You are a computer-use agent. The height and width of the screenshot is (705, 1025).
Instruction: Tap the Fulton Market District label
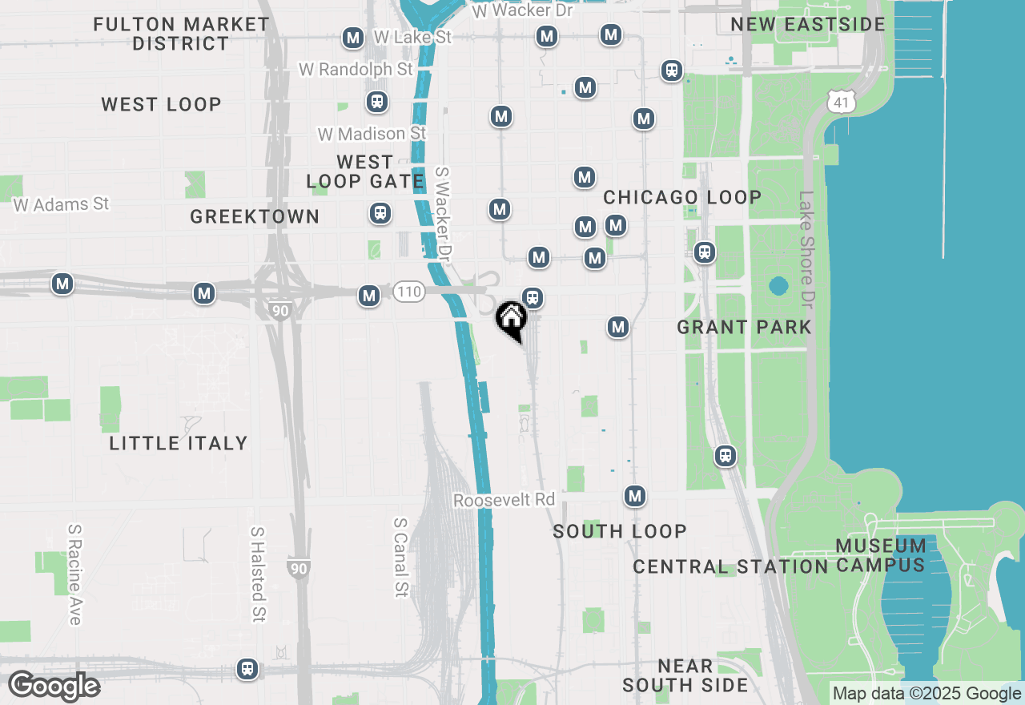coord(181,34)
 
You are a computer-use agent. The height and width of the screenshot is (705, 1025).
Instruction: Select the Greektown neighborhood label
coord(255,216)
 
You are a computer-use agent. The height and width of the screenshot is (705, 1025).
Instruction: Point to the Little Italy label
coord(179,443)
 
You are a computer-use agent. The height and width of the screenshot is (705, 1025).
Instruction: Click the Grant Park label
coord(744,327)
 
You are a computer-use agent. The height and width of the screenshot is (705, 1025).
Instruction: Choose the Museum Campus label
coord(881,555)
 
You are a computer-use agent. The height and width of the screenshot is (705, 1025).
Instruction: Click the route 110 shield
coord(408,292)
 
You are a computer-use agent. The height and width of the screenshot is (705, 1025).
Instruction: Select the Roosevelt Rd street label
coord(504,500)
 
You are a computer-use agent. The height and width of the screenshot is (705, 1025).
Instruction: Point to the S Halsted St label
coord(257,574)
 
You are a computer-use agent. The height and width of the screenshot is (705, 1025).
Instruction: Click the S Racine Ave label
coord(74,574)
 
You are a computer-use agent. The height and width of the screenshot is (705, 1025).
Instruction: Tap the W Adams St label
coord(61,204)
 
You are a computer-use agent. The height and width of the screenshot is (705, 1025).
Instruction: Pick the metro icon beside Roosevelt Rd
coord(635,496)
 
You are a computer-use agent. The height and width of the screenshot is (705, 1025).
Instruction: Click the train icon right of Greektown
coord(380,213)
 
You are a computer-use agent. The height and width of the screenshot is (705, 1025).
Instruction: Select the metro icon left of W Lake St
coord(352,38)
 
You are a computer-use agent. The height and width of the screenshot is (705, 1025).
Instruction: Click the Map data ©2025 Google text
coord(927,694)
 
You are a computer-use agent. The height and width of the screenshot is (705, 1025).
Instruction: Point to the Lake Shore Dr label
coord(806,249)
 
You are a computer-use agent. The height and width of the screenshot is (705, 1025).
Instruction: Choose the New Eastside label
coord(808,24)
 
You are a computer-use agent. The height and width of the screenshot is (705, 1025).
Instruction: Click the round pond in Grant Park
coord(778,285)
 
